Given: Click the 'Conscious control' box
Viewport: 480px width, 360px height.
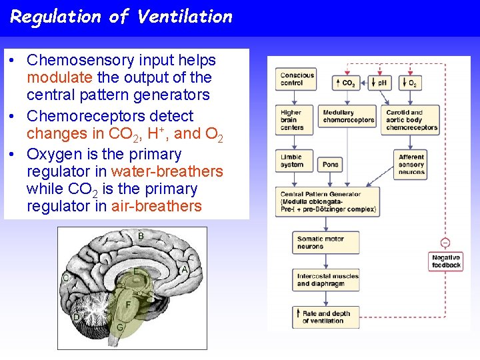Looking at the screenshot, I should click(x=297, y=79).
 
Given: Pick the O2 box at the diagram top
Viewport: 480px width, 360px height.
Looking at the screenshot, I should click(x=410, y=83).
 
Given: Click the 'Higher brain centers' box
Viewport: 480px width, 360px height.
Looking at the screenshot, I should click(x=296, y=120).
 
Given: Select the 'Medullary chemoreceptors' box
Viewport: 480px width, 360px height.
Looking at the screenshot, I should click(x=348, y=117).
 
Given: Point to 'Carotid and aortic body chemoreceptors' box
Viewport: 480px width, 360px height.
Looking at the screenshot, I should click(x=411, y=120).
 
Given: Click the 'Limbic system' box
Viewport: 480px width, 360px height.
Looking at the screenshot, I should click(x=296, y=161).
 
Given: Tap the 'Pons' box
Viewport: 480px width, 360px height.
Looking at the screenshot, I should click(x=331, y=164).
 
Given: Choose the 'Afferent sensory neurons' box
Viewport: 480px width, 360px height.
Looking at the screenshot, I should click(x=411, y=165).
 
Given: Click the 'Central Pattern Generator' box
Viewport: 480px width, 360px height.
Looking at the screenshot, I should click(x=327, y=202).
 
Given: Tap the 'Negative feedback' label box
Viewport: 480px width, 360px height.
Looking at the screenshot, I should click(x=445, y=261).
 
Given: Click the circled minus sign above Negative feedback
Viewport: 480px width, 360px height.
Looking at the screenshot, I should click(x=445, y=243).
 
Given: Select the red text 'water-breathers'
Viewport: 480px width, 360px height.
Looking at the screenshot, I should click(x=167, y=171).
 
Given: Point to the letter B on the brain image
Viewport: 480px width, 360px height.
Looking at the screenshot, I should click(x=141, y=237).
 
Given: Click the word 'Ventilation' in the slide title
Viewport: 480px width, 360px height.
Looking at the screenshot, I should click(x=185, y=17).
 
